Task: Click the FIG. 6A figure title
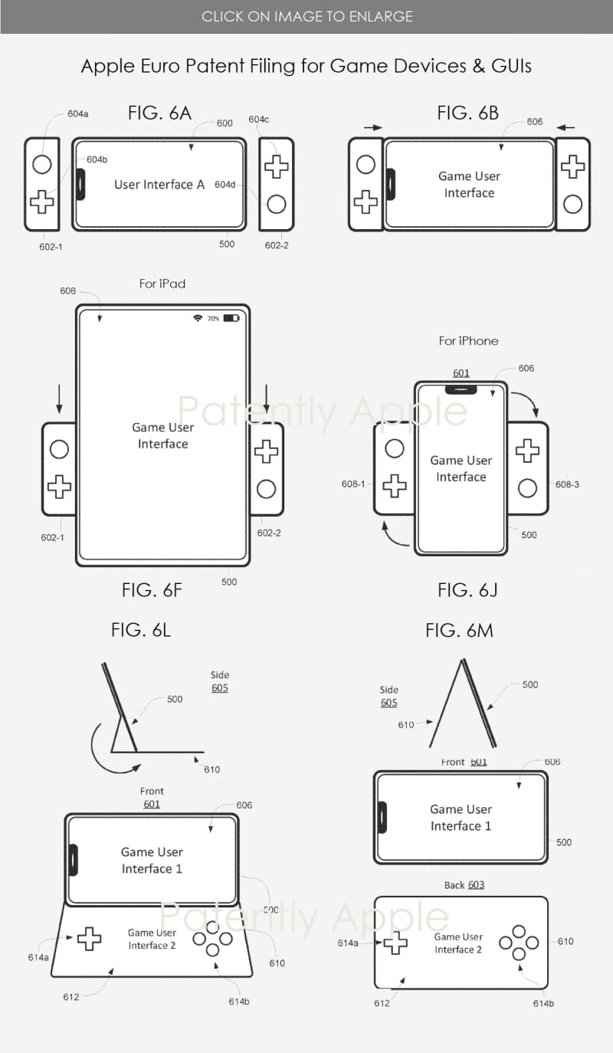click(x=159, y=113)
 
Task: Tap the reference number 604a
click(x=77, y=113)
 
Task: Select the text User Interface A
click(x=159, y=184)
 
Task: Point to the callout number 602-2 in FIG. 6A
click(x=277, y=245)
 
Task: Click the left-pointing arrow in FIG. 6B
click(x=565, y=127)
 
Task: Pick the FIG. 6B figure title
click(x=467, y=113)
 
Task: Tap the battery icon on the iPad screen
click(x=231, y=318)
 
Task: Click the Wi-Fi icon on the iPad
click(x=198, y=318)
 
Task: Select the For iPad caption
click(x=162, y=284)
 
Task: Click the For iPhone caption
click(x=468, y=341)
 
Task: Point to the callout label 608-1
click(x=353, y=484)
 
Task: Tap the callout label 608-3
click(x=567, y=484)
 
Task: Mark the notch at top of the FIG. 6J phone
click(x=461, y=390)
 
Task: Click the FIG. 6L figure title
click(x=140, y=630)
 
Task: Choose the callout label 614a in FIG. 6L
click(x=38, y=957)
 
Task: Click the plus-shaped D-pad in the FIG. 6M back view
click(x=396, y=943)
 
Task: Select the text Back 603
click(x=464, y=885)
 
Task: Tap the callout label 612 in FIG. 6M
click(x=382, y=1003)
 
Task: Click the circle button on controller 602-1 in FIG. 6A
click(x=42, y=165)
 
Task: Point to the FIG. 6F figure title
click(x=152, y=590)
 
